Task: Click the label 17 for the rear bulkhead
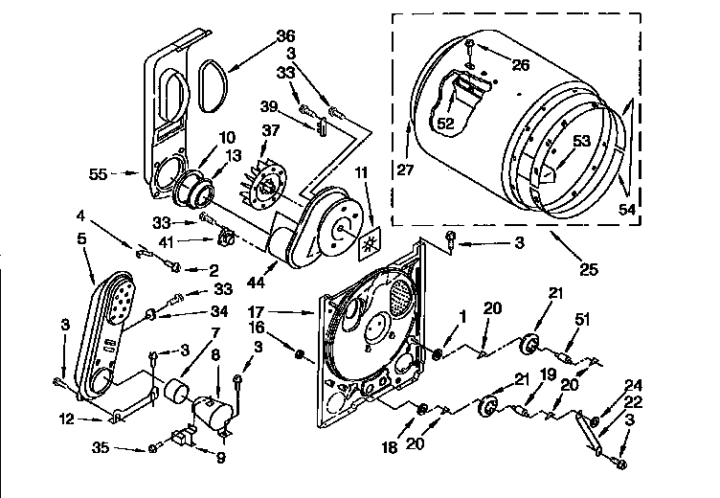pos(283,311)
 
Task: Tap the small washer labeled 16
pos(300,356)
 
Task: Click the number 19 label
pos(549,376)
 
